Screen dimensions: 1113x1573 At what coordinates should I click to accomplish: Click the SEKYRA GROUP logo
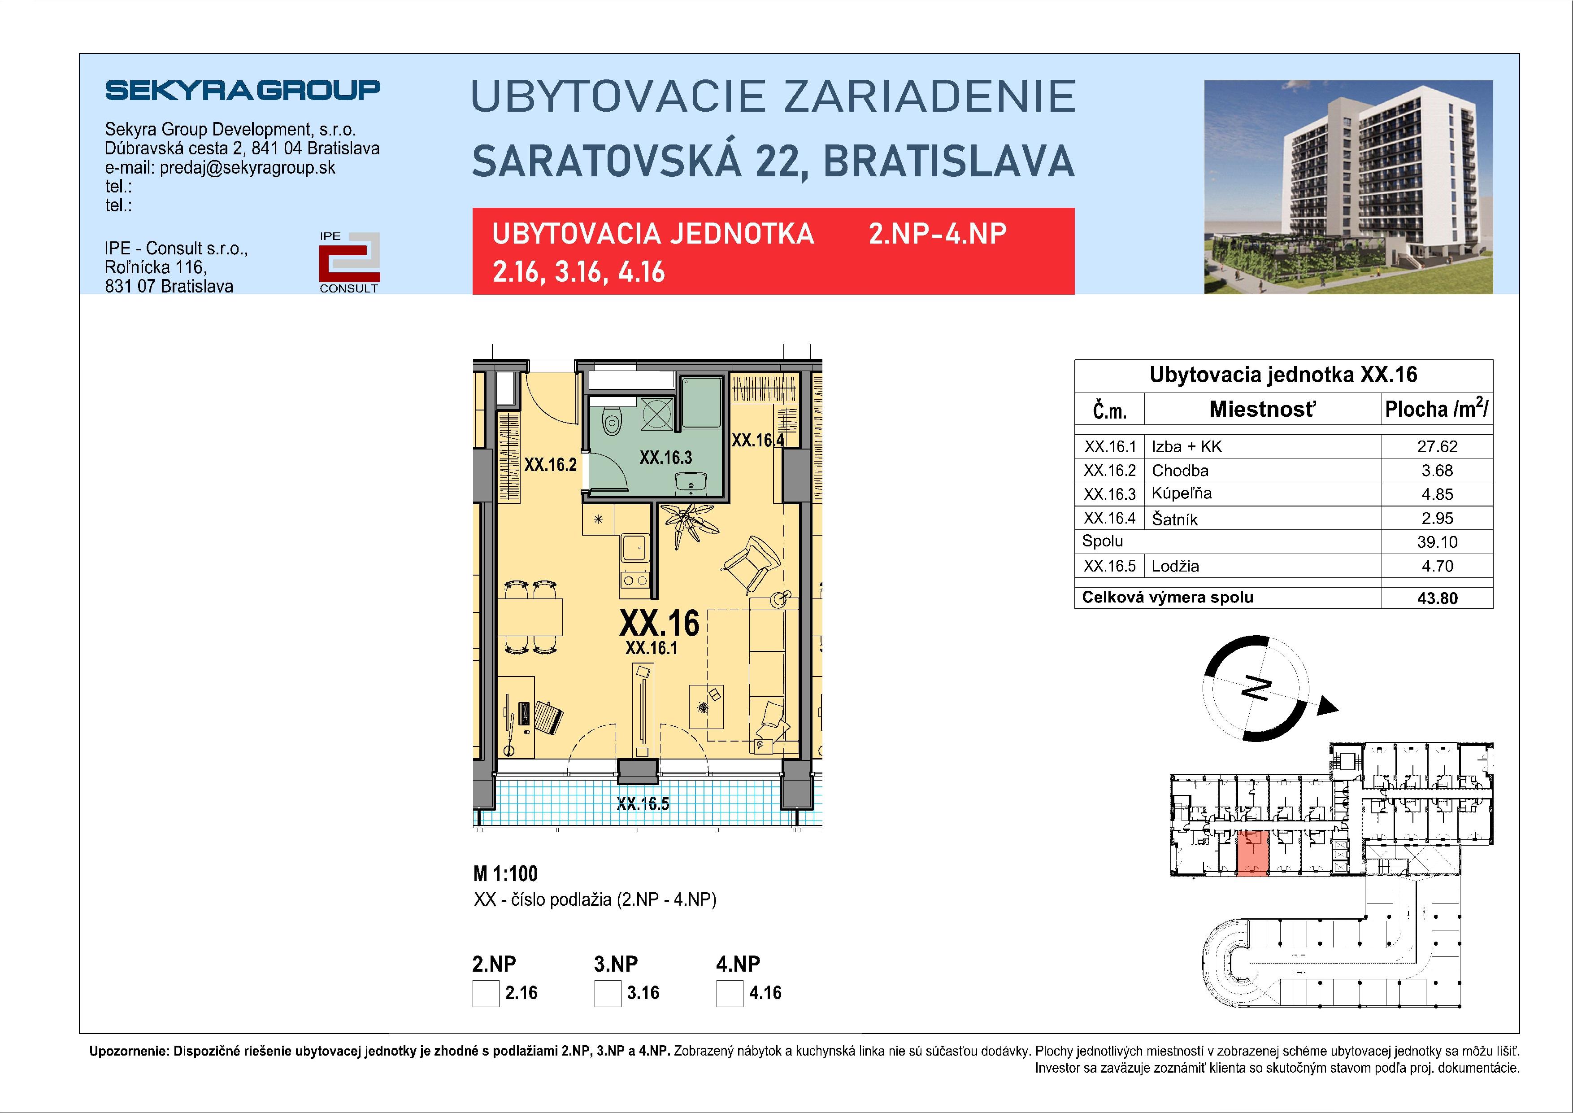[243, 90]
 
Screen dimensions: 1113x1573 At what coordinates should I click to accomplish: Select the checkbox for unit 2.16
[486, 993]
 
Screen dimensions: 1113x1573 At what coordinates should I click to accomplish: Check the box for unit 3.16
[608, 993]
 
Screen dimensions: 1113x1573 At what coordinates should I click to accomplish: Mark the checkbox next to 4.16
[730, 993]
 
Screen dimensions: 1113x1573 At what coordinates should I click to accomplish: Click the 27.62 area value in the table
[1437, 447]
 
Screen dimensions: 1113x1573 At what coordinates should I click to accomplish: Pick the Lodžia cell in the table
[1175, 566]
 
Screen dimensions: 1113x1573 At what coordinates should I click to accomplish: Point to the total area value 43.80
[1437, 598]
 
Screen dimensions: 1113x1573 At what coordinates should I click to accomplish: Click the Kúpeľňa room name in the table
[1181, 493]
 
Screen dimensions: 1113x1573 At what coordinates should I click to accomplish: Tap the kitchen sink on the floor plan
[634, 546]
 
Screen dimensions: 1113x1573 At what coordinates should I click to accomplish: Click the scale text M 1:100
[506, 874]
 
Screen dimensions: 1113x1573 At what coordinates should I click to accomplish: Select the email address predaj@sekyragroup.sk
[248, 168]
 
